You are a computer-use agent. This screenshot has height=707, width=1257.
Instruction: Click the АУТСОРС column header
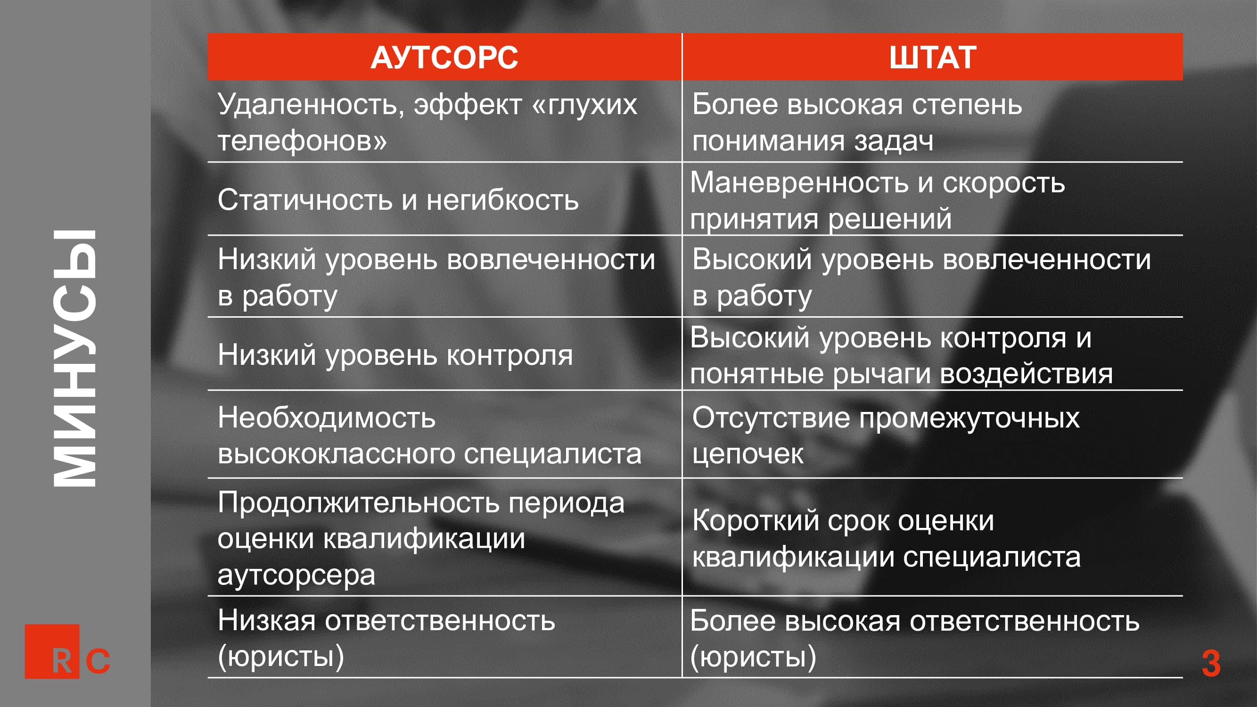(x=444, y=58)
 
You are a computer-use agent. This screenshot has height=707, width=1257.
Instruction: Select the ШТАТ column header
(x=933, y=58)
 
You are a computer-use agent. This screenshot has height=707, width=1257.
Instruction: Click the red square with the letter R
(x=52, y=651)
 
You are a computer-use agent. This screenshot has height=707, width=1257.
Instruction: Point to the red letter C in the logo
(x=98, y=661)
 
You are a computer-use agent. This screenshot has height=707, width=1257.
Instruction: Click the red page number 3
(x=1211, y=664)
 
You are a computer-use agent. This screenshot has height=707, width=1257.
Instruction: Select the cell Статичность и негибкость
(x=398, y=200)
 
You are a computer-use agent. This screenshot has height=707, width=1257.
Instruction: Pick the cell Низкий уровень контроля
(x=395, y=355)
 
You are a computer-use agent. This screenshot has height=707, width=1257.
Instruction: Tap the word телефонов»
(x=302, y=141)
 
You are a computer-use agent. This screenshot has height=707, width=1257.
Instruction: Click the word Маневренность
(x=799, y=183)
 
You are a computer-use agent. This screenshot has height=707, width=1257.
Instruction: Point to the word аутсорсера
(x=296, y=575)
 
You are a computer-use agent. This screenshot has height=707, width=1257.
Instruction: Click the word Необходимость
(x=327, y=418)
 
